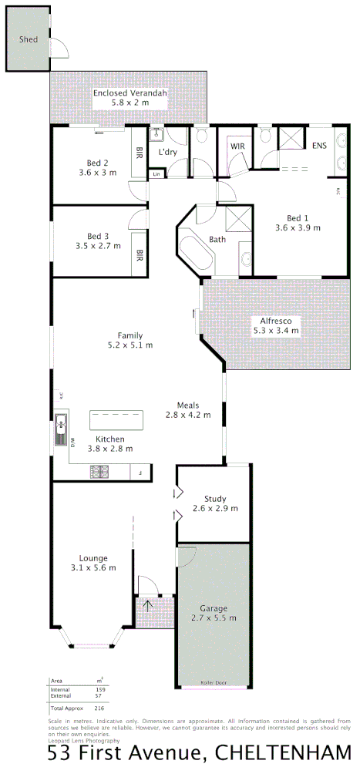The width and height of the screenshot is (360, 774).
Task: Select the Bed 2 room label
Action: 97,163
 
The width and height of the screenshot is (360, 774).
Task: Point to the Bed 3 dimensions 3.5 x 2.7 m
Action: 98,246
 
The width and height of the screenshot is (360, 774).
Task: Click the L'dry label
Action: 168,152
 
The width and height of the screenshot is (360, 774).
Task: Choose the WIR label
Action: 237,146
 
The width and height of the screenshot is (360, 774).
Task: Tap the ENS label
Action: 319,145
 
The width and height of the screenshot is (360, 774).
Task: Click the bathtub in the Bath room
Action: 193,253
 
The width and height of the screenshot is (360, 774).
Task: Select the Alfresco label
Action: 275,320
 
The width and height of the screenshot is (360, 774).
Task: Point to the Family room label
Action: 130,335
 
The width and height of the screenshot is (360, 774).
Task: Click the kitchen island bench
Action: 117,421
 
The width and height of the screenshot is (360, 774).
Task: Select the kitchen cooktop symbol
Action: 100,470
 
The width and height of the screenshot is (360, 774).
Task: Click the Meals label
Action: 188,406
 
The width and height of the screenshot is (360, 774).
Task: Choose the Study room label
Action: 215,498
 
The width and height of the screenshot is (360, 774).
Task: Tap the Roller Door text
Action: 214,682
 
